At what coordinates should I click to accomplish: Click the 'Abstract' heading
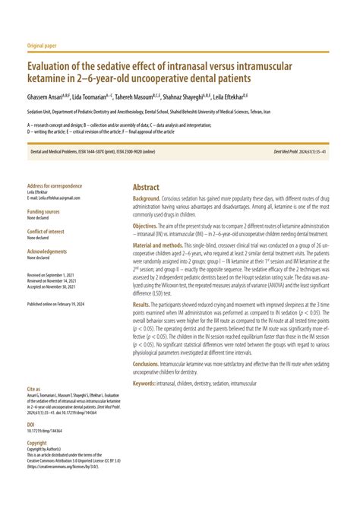(146, 187)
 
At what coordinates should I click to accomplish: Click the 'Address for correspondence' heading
(54, 187)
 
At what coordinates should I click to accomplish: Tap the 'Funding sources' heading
(43, 211)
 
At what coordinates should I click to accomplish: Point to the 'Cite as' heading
(34, 389)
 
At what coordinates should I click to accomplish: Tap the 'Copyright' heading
(37, 442)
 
